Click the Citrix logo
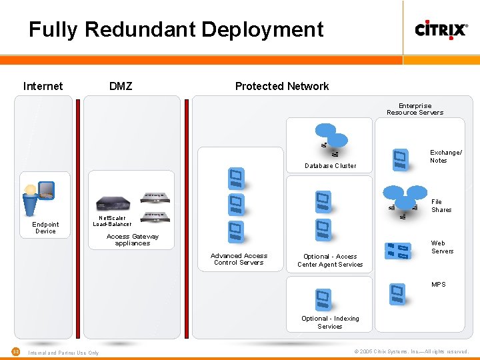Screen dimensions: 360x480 441,29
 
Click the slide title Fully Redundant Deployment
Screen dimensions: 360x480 176,29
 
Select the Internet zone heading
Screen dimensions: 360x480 43,86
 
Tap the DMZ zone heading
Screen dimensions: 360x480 121,86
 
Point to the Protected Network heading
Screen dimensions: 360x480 281,86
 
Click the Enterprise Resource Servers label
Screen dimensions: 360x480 415,109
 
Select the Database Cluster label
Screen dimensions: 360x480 330,165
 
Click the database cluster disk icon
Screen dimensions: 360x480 332,137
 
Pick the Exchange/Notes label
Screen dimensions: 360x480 445,157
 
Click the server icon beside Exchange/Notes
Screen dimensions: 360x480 400,158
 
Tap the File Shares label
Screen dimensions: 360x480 441,206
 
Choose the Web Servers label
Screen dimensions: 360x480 442,247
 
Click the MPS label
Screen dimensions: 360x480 438,285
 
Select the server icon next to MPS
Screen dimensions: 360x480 397,293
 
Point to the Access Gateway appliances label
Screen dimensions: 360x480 132,240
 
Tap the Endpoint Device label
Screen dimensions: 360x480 45,228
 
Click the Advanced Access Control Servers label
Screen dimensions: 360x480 239,259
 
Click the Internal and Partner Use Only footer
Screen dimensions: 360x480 63,353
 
